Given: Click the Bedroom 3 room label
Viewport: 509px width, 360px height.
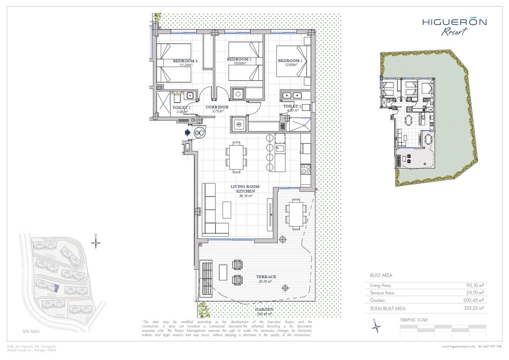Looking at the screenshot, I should [185, 61].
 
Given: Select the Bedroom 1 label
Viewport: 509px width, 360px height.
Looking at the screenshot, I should [290, 61].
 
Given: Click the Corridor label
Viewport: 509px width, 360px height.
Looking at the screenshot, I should [217, 107].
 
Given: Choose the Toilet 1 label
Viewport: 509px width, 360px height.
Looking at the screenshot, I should [292, 106].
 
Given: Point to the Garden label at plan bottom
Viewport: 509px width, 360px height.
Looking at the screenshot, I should [264, 310].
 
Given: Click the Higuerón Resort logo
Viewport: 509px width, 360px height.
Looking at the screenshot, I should [454, 26].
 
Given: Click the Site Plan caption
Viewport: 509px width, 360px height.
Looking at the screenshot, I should [31, 330].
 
